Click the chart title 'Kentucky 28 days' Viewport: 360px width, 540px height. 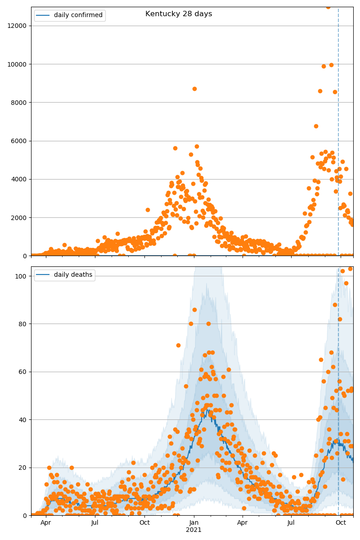coord(179,14)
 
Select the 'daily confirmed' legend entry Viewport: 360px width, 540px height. coord(78,15)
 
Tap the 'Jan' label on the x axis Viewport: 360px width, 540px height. coord(194,523)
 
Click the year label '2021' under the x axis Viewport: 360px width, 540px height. coord(194,530)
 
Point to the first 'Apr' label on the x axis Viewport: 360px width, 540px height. coord(45,523)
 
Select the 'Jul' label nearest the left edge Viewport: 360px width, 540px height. coord(95,523)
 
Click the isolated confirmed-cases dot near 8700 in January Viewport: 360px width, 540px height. coord(194,89)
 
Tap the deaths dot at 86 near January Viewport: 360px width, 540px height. coord(194,310)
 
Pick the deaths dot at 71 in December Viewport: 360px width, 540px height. coord(178,345)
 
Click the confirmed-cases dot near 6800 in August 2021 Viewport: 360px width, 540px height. coord(316,126)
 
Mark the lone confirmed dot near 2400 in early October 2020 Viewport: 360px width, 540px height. coord(148,210)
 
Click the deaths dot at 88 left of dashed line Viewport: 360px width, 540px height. coord(335,305)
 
